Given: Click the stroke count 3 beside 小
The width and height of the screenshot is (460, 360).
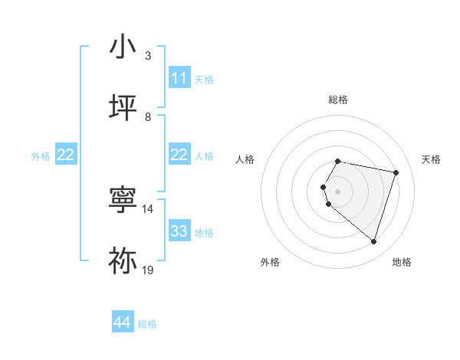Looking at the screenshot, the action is coord(148,55).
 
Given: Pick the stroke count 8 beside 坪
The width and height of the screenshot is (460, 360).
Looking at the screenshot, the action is coord(148,116).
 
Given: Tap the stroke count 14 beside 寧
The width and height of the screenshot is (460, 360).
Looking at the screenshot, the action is coord(148,208).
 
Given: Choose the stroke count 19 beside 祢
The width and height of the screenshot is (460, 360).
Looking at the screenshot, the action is coord(148,270).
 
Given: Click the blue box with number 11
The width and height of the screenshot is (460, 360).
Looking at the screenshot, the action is coord(179,78).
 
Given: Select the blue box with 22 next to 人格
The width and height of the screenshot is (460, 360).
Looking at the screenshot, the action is coord(179,155).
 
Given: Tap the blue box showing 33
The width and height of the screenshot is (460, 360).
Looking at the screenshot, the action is coord(179,231).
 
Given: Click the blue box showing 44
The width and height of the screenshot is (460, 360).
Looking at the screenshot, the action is coord(123,323).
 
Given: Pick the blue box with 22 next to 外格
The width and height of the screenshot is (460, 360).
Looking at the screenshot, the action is coord(66,155).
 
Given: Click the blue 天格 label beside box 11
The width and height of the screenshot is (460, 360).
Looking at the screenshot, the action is coord(204,79).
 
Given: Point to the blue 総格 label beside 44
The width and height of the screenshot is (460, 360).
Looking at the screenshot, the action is coord(147,324).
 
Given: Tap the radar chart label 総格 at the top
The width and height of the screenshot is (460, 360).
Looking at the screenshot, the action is coord(338,100).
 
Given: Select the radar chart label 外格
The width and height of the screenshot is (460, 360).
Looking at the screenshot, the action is coord(270,262).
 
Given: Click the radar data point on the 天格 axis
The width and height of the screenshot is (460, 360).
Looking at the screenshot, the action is coord(396,172).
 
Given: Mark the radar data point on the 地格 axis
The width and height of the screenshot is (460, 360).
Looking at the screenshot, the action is coord(373,241).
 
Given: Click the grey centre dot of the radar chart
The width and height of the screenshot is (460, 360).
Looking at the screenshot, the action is coord(338,191).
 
